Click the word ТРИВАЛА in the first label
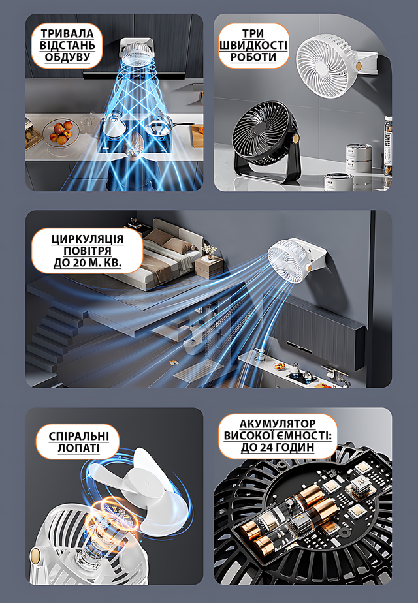(x=67, y=33)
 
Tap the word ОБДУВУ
(x=67, y=57)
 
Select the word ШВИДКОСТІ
(x=253, y=46)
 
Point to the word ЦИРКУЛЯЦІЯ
(x=88, y=240)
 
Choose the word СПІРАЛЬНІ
(x=78, y=437)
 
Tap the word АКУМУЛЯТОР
(x=278, y=424)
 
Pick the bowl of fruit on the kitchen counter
(x=59, y=132)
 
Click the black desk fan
(x=265, y=143)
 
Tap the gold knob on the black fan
(x=297, y=137)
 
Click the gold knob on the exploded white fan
(x=35, y=555)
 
